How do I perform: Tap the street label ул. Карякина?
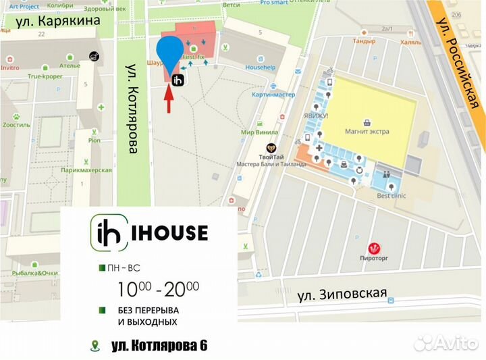pos(58,20)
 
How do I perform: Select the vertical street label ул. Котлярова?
pos(132,109)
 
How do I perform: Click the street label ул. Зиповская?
pos(342,293)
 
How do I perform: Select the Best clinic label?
pos(391,196)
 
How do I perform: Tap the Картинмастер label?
pos(273,95)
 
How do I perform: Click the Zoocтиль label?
pos(16,125)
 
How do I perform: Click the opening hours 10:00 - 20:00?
pos(158,289)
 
